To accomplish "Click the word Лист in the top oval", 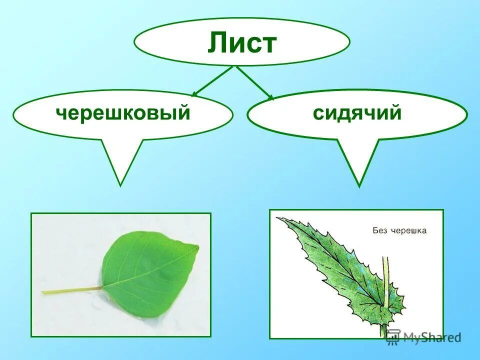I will tap(242, 43).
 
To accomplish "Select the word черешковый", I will tap(123, 113).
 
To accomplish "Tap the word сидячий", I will tap(357, 113).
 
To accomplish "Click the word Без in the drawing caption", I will tap(381, 230).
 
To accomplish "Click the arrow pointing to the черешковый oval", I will tap(212, 81).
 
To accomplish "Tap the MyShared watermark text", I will tap(432, 337).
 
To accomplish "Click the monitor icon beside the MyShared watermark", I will tap(393, 336).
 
